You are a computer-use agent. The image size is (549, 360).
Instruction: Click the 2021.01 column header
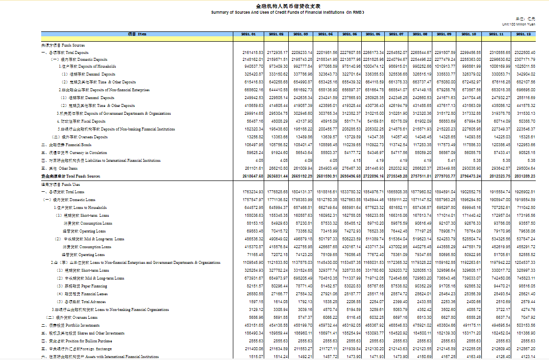249,34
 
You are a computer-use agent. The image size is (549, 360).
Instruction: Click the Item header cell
137,34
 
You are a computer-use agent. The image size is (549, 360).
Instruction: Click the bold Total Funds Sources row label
71,176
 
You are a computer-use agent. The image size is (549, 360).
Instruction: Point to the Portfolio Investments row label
71,325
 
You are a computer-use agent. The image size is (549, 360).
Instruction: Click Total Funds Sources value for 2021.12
525,176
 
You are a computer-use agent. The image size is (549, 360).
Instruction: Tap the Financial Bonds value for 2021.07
398,145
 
